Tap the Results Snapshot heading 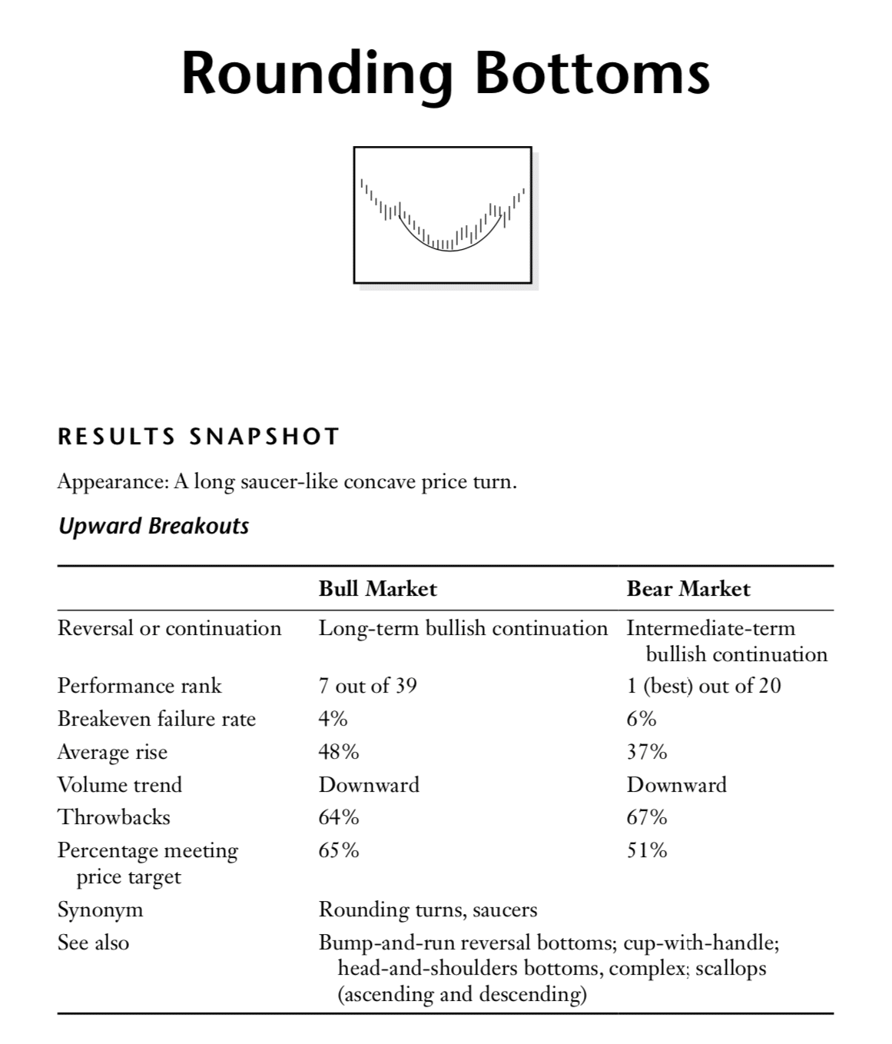coord(198,437)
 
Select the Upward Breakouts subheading coord(154,527)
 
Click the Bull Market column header coord(377,589)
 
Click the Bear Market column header coord(688,589)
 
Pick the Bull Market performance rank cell coord(367,685)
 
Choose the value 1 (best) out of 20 coord(703,685)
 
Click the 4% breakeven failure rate coord(333,719)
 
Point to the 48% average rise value coord(338,751)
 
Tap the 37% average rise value coord(646,751)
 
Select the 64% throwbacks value coord(338,816)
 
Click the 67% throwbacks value coord(646,816)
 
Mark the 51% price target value coord(646,849)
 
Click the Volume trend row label coord(120,784)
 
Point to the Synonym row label coord(100,909)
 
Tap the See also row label coord(93,943)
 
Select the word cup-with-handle coord(700,943)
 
